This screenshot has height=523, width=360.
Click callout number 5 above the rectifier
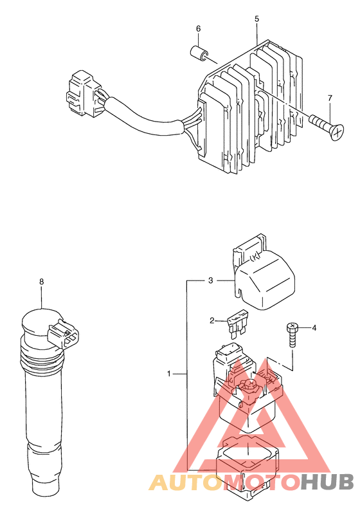[x=256, y=19]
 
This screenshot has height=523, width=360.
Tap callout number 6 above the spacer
[x=199, y=29]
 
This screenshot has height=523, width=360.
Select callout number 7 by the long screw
[x=330, y=98]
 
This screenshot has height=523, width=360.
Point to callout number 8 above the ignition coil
[x=41, y=282]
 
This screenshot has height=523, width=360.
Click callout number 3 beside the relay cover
[x=210, y=280]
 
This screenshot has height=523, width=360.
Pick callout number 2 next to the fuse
[x=212, y=320]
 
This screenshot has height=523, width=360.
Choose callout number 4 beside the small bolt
[x=314, y=327]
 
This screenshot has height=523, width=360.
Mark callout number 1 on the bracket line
[x=168, y=374]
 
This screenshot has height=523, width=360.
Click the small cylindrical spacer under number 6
[x=199, y=53]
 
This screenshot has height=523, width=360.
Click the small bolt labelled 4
[x=292, y=335]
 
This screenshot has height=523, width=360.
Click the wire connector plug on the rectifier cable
[x=84, y=93]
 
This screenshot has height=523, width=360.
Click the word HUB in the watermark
[x=327, y=482]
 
